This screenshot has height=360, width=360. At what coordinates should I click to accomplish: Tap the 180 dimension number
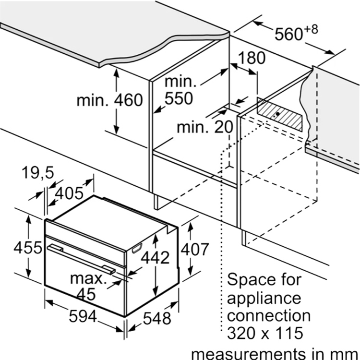252,58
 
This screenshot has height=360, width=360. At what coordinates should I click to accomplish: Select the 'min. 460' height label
110,100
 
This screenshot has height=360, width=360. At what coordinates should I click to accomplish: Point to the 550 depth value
179,98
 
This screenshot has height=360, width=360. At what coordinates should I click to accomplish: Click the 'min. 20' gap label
205,127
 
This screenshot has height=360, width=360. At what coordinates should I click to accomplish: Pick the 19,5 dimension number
38,173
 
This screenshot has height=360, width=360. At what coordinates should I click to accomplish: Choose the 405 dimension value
69,193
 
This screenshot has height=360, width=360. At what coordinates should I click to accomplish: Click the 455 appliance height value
28,248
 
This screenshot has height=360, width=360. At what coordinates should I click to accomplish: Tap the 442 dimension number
155,257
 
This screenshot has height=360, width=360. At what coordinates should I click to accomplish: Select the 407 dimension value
195,249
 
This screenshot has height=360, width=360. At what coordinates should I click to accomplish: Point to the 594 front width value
83,316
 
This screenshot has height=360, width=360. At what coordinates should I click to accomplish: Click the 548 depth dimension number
157,318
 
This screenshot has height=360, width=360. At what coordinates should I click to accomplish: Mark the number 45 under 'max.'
86,294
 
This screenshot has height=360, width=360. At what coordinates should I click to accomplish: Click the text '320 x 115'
265,333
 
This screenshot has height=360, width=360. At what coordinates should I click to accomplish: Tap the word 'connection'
269,315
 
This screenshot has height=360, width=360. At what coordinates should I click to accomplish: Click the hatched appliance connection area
279,114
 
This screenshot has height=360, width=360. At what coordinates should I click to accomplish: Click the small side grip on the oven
137,249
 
